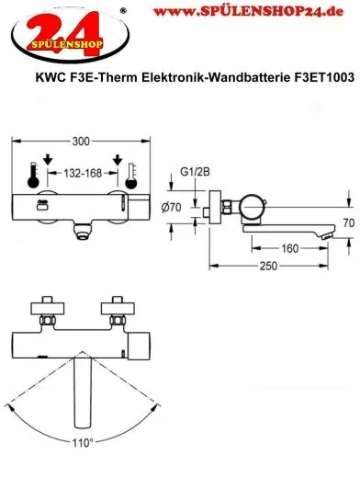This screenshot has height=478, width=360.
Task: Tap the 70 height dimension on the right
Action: click(347, 223)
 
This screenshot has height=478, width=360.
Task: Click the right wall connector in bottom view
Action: click(116, 309)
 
